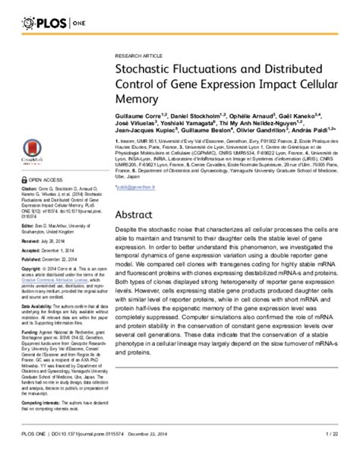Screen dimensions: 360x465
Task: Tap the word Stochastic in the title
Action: [144, 71]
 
